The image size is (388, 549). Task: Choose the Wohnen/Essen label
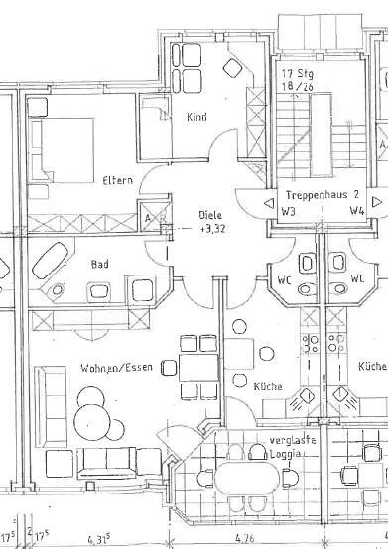point(117,369)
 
